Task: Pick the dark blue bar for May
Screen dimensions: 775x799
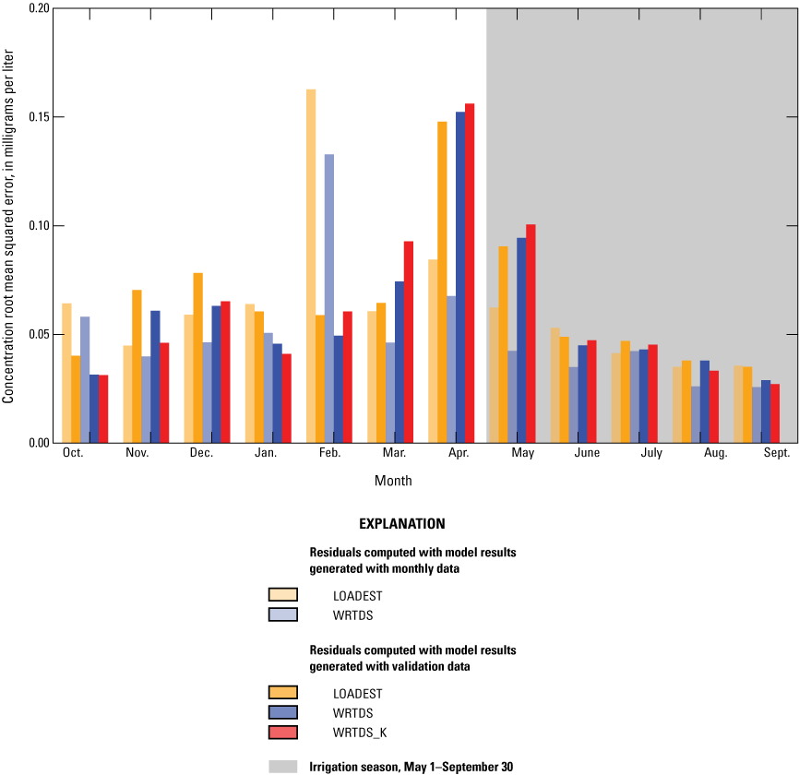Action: pyautogui.click(x=521, y=340)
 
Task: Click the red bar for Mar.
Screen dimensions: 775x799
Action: pyautogui.click(x=409, y=342)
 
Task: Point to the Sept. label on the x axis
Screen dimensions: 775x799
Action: pyautogui.click(x=776, y=453)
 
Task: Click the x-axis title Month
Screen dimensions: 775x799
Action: pyautogui.click(x=393, y=481)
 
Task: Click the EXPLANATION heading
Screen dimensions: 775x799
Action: pyautogui.click(x=401, y=524)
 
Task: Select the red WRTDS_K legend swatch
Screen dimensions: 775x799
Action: pyautogui.click(x=283, y=732)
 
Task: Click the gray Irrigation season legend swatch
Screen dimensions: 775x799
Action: pyautogui.click(x=283, y=766)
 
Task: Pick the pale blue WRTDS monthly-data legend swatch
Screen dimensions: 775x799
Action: pyautogui.click(x=283, y=614)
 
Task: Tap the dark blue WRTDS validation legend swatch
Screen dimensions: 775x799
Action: pyautogui.click(x=283, y=712)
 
